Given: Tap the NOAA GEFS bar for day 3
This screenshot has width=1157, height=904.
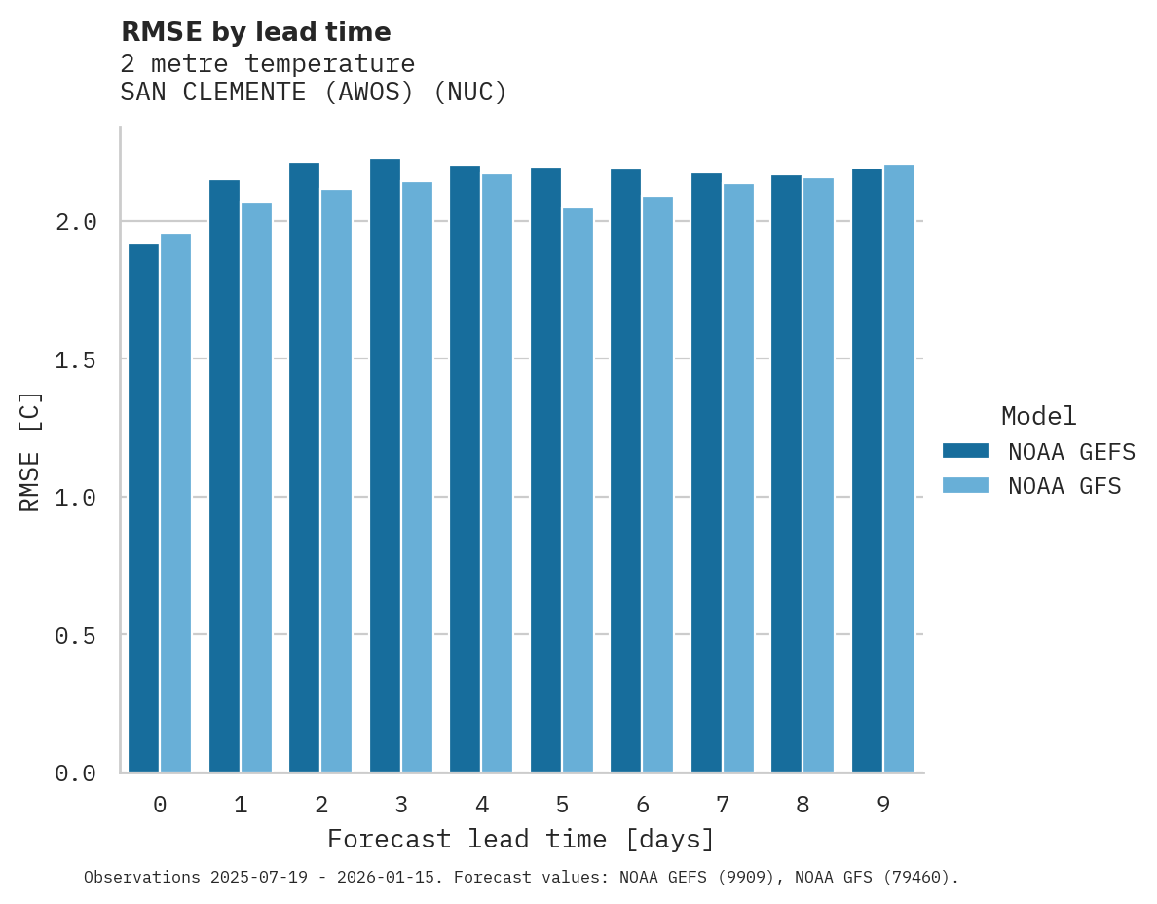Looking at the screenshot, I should click(385, 466).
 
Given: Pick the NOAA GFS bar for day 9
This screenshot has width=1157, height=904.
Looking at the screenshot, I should click(899, 469).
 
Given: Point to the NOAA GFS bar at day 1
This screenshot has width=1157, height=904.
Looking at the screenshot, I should click(256, 487).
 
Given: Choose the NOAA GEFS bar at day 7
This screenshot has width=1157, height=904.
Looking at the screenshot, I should click(706, 472).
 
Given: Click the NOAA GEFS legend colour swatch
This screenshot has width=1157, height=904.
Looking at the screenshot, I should click(965, 451).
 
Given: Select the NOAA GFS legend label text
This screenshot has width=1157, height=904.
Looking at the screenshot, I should click(1064, 486).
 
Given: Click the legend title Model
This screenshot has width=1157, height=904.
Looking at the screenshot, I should click(1038, 417).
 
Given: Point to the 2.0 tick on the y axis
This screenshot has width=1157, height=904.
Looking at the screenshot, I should click(76, 222).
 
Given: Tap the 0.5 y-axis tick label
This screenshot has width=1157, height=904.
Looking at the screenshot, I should click(76, 635).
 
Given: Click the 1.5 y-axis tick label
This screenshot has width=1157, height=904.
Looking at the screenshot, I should click(76, 360).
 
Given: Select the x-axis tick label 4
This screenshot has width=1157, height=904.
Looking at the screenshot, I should click(481, 805).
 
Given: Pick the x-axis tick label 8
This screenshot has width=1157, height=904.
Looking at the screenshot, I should click(802, 805).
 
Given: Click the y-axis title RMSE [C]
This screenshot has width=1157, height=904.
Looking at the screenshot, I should click(31, 451).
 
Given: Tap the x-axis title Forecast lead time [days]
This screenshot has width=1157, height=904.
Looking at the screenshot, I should click(521, 840).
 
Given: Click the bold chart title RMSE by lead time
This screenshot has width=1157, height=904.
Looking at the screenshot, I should click(255, 32).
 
